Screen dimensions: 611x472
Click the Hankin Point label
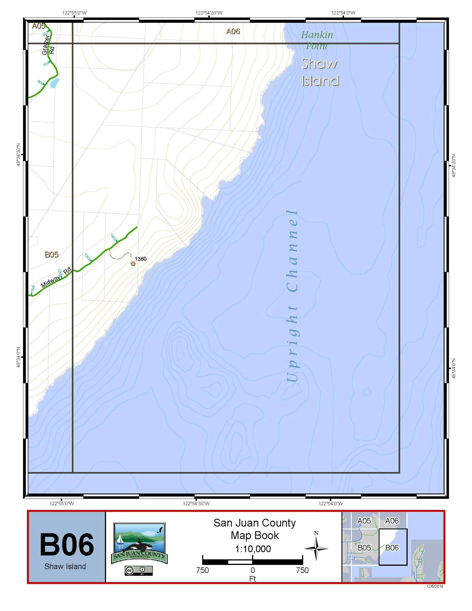coord(317,40)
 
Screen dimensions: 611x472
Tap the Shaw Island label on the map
coord(320,73)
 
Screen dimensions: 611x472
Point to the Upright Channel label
coord(292,297)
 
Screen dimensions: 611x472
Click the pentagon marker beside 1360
coord(133,263)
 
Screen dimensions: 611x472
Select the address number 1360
coord(140,259)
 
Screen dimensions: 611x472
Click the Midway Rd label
coord(56,278)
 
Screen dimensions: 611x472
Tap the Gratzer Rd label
coord(48,45)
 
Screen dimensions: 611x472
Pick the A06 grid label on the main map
coord(233,31)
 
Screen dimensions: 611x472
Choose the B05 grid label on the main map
coord(52,254)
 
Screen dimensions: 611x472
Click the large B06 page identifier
coord(67,545)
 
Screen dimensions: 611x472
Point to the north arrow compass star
coord(316,549)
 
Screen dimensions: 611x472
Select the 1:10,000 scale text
coord(253,549)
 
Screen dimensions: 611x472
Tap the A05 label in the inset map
coord(364,521)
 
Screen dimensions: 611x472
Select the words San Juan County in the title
coord(254,523)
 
